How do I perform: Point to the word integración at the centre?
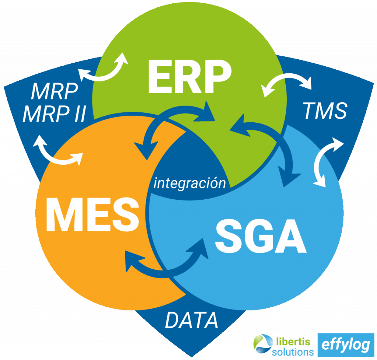click(x=190, y=183)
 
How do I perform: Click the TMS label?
click(x=324, y=111)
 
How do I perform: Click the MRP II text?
click(x=54, y=114)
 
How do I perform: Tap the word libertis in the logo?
click(x=291, y=340)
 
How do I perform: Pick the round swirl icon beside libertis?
click(x=262, y=345)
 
